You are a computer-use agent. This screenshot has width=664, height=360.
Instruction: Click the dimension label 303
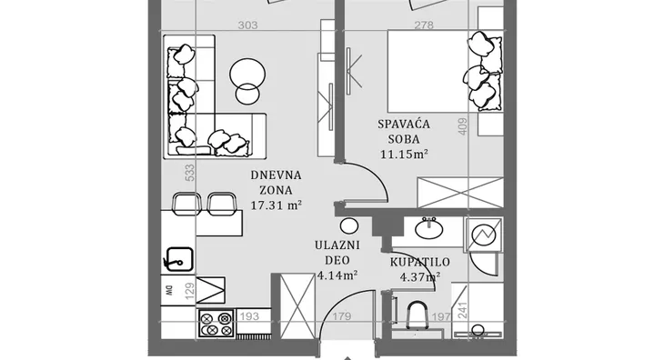(247, 25)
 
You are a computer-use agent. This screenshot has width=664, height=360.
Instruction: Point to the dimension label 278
(424, 25)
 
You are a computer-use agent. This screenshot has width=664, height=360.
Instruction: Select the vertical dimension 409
(463, 126)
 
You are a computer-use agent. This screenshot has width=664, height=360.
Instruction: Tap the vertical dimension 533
(190, 173)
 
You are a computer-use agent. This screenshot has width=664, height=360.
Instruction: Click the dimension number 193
(249, 316)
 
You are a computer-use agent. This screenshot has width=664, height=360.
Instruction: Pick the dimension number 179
(342, 316)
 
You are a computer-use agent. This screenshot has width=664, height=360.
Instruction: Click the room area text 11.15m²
(404, 154)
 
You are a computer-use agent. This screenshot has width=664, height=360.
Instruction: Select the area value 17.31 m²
(277, 205)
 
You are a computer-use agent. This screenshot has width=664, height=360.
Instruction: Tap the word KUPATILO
(419, 262)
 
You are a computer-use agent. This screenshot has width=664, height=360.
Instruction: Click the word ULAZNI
(337, 245)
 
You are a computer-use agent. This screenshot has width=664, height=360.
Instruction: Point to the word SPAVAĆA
(404, 124)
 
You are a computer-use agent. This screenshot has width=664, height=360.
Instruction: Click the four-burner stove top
(216, 324)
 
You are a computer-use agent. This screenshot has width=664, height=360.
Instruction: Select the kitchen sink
(178, 259)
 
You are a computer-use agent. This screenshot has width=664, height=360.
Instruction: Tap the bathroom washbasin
(429, 228)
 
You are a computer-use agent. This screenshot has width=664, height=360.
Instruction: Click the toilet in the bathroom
(417, 316)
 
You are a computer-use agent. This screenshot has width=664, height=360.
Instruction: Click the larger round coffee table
(247, 75)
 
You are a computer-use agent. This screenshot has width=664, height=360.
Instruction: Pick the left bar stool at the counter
(186, 204)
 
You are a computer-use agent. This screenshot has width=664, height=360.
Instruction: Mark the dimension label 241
(462, 311)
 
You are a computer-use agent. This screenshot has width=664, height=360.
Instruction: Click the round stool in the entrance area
(349, 225)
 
